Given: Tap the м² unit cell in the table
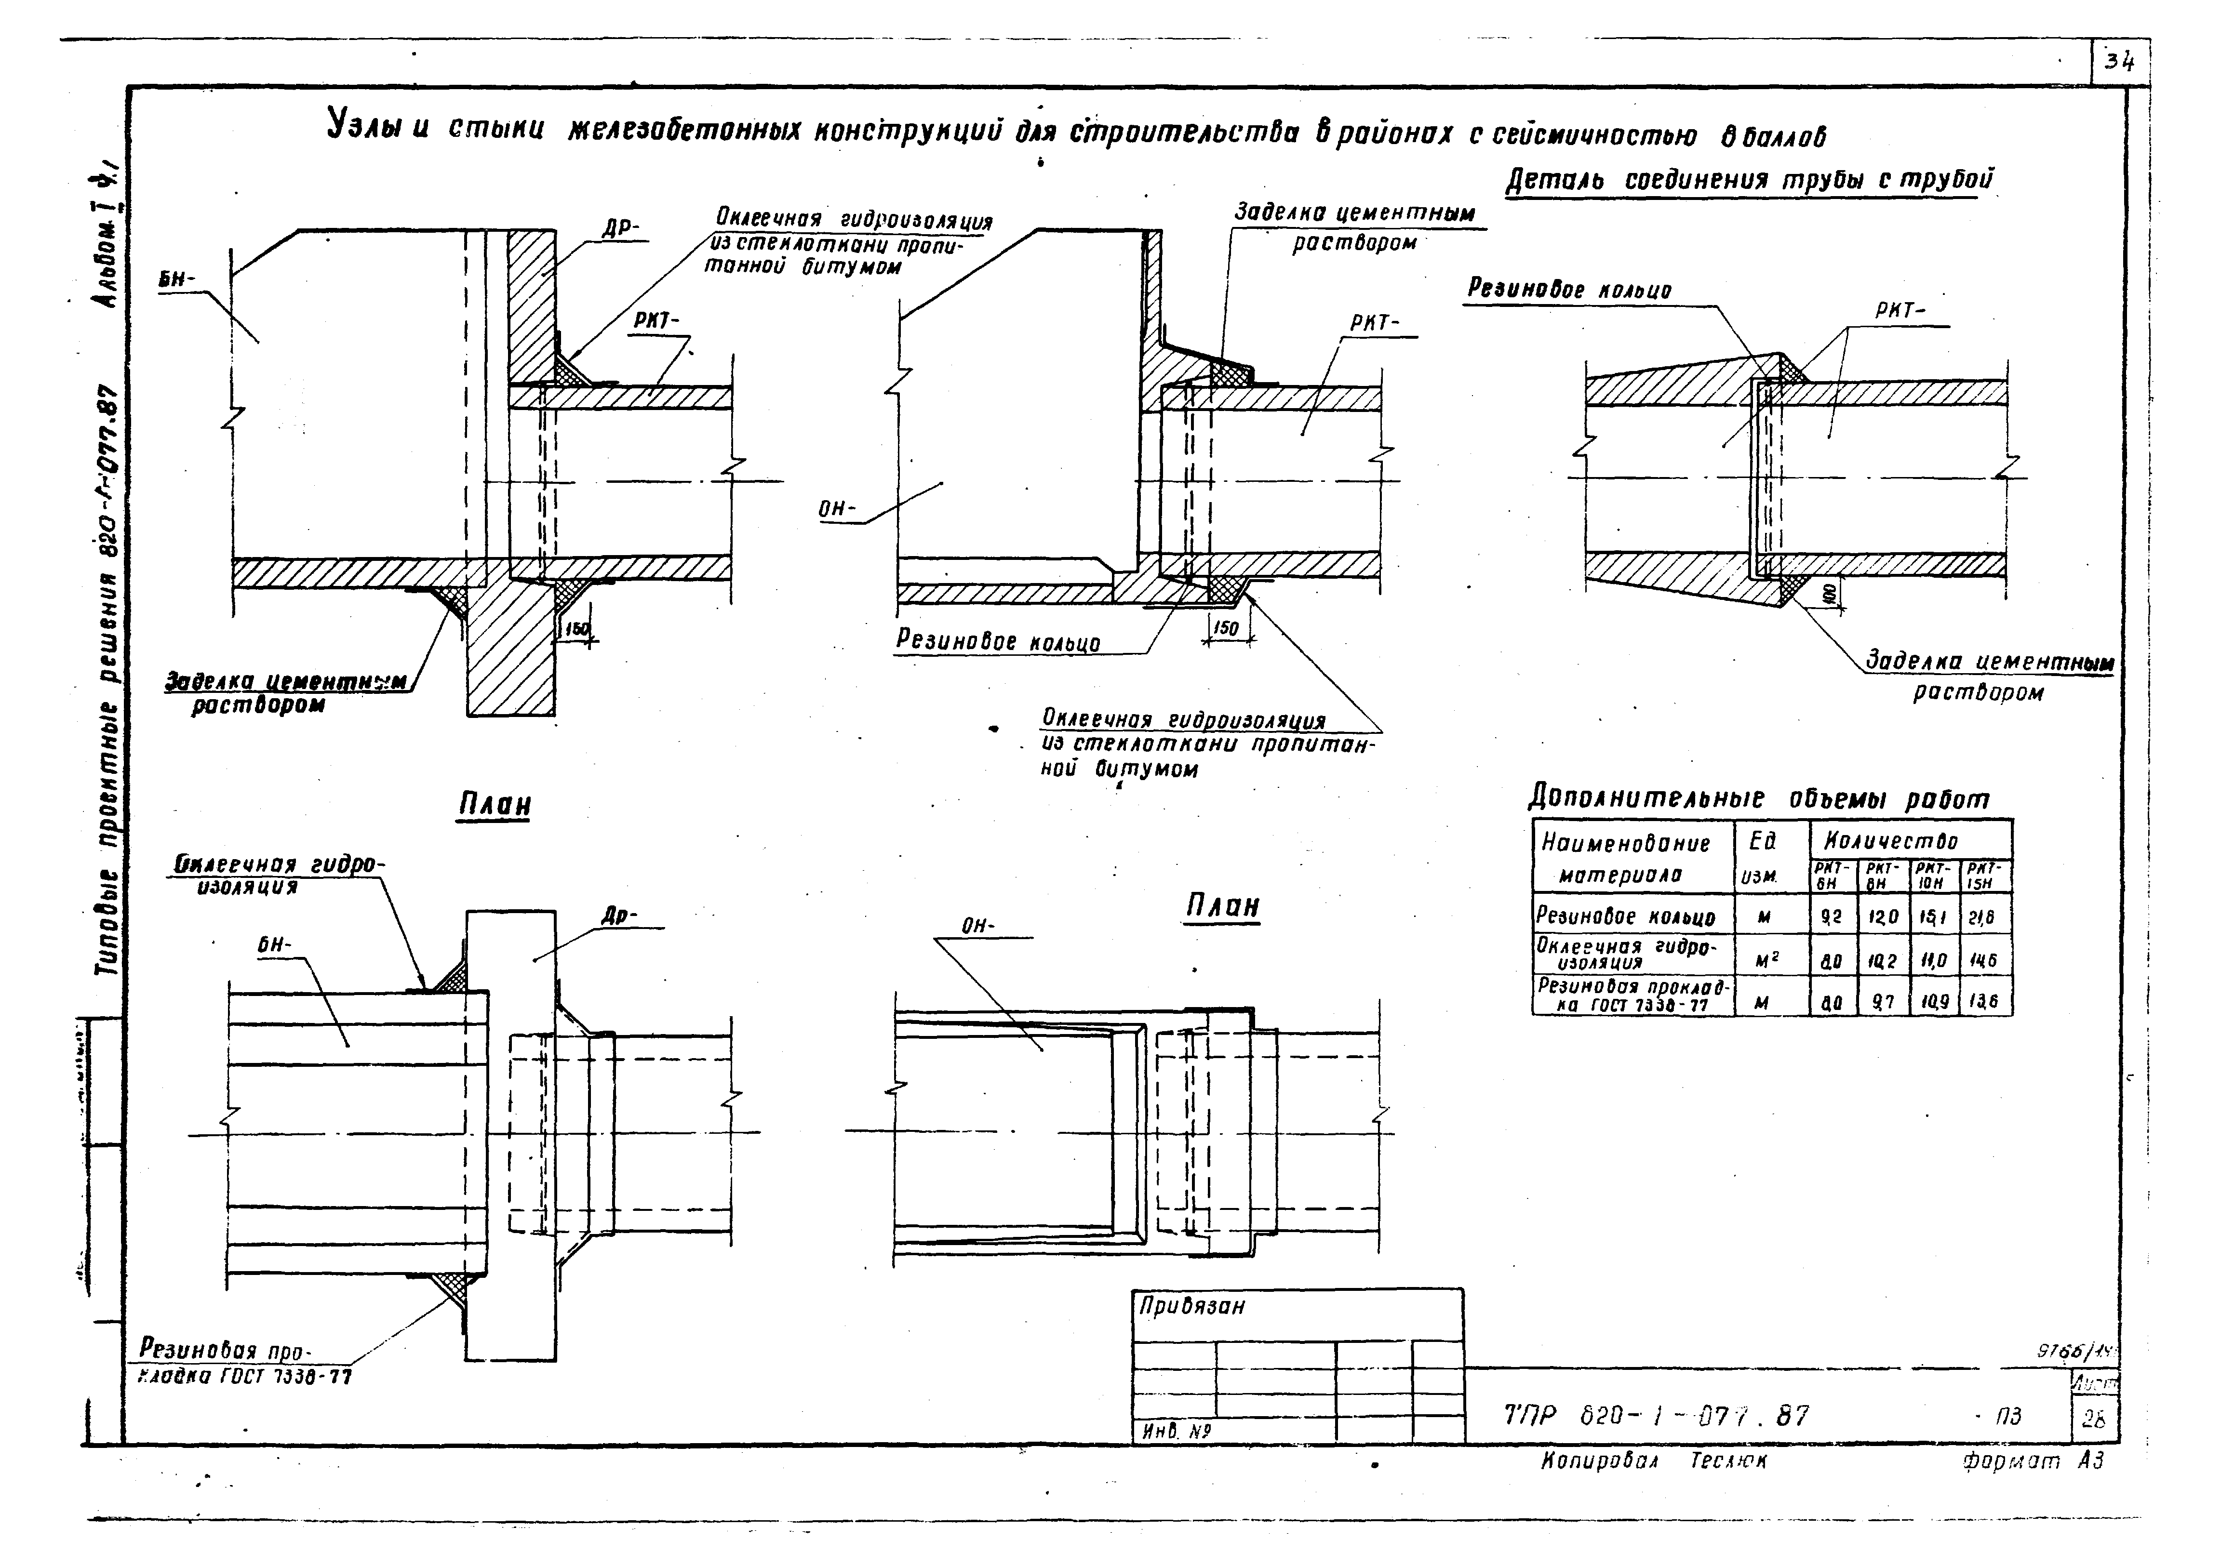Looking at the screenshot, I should [x=1763, y=959].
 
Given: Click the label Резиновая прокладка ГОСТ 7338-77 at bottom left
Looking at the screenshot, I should [x=242, y=1362].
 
